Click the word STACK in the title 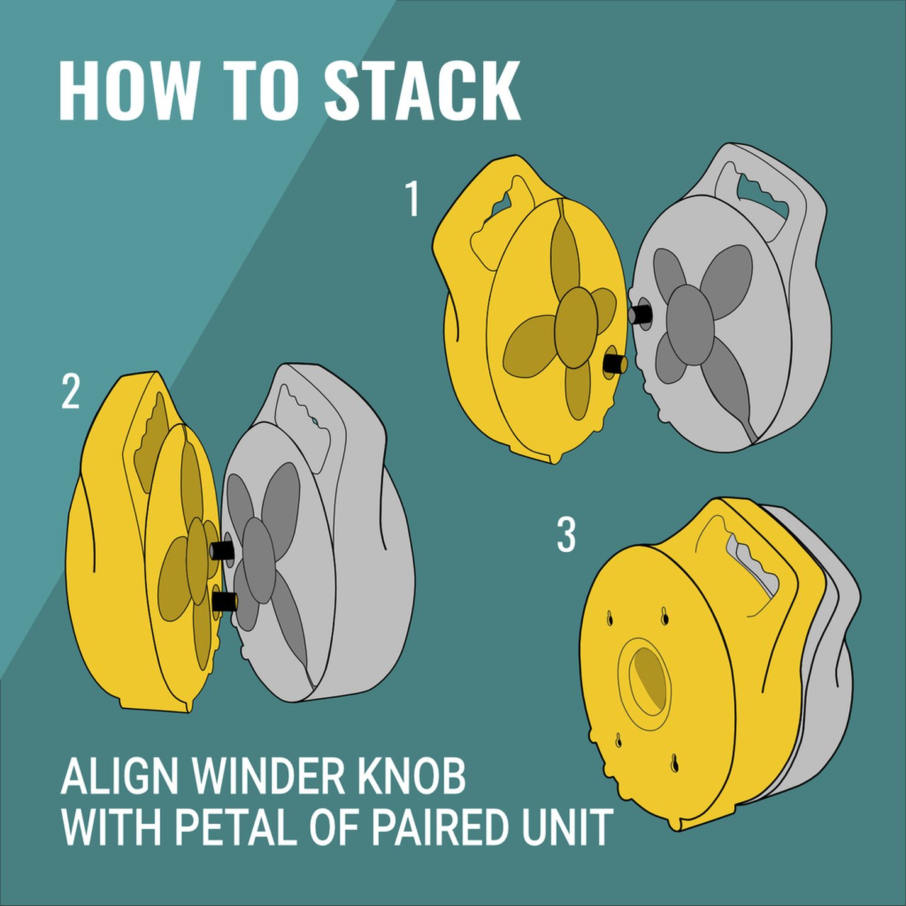coord(422,90)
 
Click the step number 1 coord(412,199)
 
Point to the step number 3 coord(566,534)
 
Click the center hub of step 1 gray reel coord(690,320)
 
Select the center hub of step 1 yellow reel coord(576,328)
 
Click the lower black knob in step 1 coord(615,364)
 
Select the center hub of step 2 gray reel coord(258,559)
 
